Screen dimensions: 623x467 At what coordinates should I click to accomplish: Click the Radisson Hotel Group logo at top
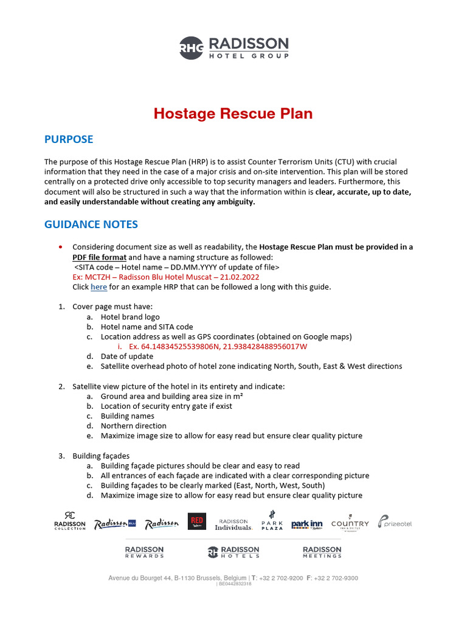click(x=233, y=47)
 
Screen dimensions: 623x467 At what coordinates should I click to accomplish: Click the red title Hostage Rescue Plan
click(x=233, y=114)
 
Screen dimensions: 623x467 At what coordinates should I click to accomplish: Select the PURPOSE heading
click(x=69, y=139)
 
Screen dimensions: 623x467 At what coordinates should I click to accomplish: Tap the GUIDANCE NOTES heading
click(x=91, y=224)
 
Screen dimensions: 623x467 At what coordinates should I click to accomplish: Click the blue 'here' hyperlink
click(x=99, y=287)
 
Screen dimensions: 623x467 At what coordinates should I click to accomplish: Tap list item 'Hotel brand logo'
click(x=130, y=317)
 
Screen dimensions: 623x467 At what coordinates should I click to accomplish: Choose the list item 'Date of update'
click(x=126, y=356)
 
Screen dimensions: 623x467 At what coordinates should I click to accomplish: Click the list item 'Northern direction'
click(x=133, y=426)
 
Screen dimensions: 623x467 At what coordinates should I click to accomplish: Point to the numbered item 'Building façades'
click(x=101, y=456)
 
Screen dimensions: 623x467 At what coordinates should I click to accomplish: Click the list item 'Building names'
click(x=127, y=416)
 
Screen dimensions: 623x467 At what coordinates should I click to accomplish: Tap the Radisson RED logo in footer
click(x=196, y=522)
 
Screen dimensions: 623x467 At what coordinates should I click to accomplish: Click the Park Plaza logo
click(x=272, y=521)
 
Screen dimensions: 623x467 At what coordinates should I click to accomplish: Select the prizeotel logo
click(x=395, y=522)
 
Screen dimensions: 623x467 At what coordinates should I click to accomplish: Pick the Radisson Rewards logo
click(x=144, y=552)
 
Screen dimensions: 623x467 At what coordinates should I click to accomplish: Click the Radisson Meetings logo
click(x=322, y=552)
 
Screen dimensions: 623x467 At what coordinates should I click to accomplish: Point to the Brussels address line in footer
click(x=233, y=578)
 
